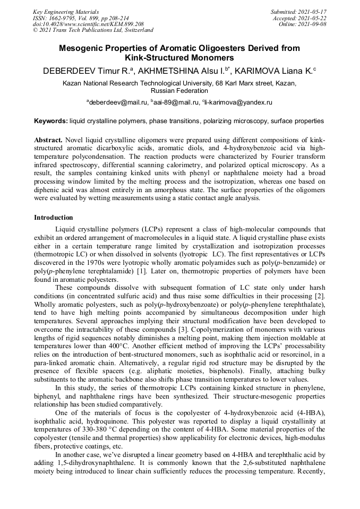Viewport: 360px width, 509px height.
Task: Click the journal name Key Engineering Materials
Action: [x=66, y=12]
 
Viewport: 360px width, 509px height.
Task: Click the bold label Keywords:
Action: [x=51, y=122]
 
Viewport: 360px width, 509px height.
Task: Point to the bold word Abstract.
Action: [x=48, y=140]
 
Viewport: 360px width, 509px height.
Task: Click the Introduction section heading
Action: [x=54, y=218]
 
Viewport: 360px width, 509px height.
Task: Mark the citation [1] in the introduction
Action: [x=142, y=271]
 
